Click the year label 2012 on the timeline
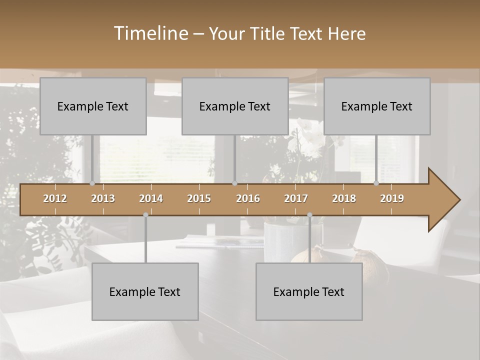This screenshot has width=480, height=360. (55, 198)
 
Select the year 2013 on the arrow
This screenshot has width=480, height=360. (103, 198)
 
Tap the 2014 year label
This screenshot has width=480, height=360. (151, 198)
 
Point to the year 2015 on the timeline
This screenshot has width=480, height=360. (199, 198)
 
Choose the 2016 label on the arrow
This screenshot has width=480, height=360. (248, 198)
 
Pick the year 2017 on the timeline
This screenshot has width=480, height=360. (296, 198)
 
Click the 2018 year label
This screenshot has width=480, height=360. (344, 198)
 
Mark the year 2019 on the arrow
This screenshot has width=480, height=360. (392, 198)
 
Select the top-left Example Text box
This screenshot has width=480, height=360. (93, 106)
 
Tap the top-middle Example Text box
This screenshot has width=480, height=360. (235, 106)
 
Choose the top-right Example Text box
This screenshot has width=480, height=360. (377, 106)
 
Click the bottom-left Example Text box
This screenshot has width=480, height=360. (145, 291)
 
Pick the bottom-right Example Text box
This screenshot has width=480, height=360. (309, 291)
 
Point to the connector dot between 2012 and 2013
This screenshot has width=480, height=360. (92, 183)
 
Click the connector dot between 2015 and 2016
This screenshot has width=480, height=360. (234, 183)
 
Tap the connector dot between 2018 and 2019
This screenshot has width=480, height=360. (376, 183)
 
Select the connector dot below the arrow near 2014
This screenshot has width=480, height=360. (145, 215)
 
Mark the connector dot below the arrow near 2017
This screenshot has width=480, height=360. (309, 215)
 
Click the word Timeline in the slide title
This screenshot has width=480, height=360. (150, 33)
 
